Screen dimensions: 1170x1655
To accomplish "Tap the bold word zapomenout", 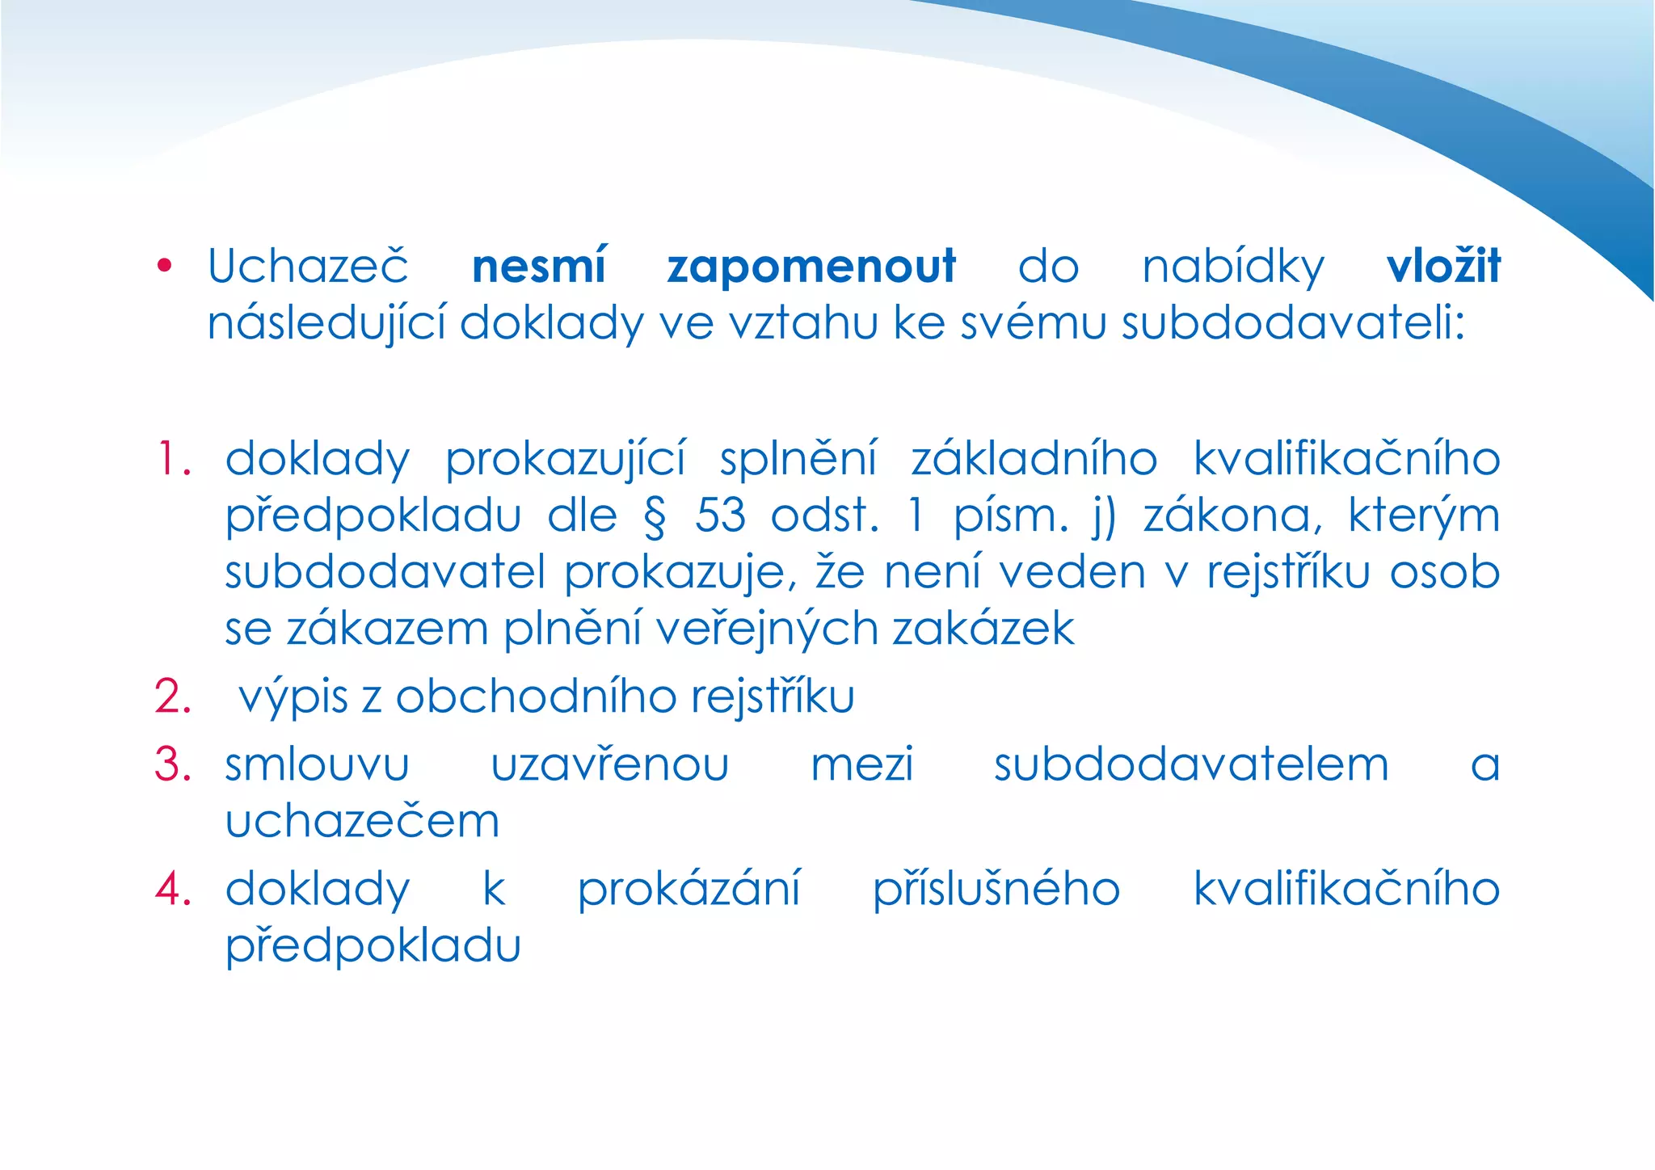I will [811, 267].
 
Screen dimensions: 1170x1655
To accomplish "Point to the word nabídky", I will [1233, 267].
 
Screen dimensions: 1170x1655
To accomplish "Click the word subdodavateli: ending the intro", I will [1293, 323].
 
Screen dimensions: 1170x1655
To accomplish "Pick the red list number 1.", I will [172, 459].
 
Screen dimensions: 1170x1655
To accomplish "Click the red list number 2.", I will [173, 697].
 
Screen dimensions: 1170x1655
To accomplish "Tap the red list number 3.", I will [173, 764].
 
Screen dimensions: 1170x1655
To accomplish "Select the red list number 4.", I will [173, 889].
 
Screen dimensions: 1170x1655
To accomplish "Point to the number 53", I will [720, 516].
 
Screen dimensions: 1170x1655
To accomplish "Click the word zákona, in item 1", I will [1233, 517].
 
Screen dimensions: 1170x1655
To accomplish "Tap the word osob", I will [1445, 572].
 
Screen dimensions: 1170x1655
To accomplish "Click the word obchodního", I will [535, 697].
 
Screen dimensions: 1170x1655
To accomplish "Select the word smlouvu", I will [317, 765].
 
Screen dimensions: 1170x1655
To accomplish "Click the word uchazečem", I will [362, 822].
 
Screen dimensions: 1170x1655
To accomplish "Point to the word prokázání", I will [689, 890].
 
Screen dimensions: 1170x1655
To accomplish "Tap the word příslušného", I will [996, 890].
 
